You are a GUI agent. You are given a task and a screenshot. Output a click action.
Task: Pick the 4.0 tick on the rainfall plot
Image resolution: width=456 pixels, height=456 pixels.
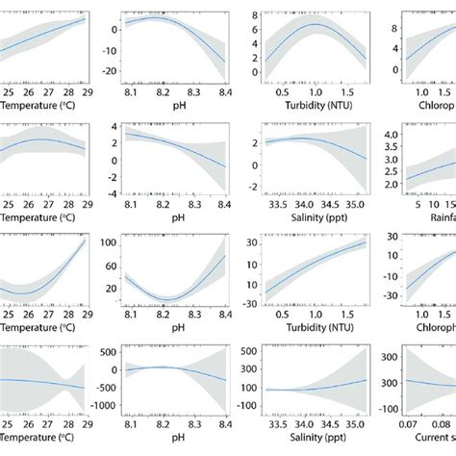coord(395,135)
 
